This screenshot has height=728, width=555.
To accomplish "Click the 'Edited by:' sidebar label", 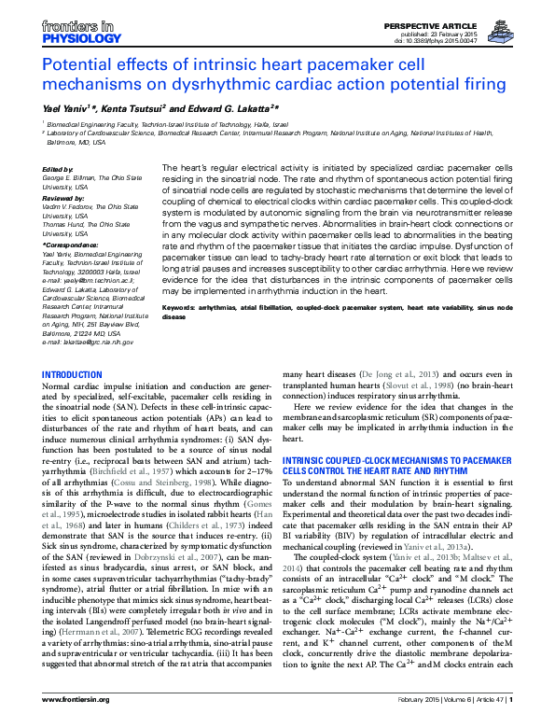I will click(59, 169).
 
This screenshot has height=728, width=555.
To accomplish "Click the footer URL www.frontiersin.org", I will click(74, 713).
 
